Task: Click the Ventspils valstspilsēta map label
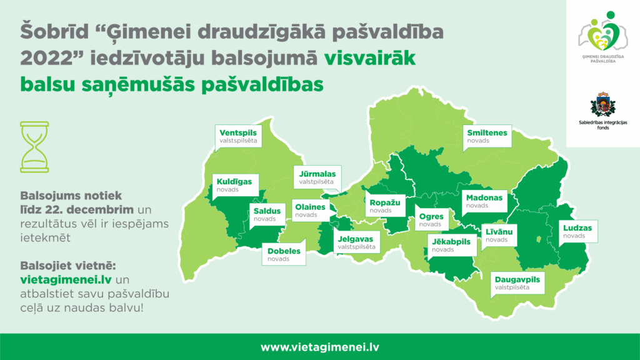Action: [238, 136]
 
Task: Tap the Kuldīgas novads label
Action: [234, 184]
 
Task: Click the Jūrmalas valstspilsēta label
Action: [317, 177]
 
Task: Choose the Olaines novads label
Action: [310, 210]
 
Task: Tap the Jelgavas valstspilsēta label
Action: [357, 242]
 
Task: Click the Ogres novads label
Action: [431, 220]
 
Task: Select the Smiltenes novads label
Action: [487, 136]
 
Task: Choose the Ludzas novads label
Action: [577, 231]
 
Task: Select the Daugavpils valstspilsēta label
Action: [517, 282]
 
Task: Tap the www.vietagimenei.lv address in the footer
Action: [319, 347]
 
